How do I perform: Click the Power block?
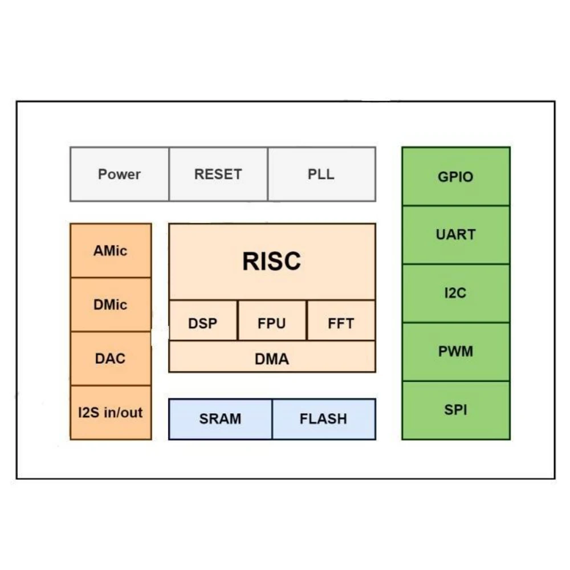(x=120, y=174)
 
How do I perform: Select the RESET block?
(x=218, y=174)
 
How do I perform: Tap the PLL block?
(x=321, y=174)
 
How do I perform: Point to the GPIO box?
(x=456, y=177)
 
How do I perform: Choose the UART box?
(x=456, y=235)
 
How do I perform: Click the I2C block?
(x=456, y=294)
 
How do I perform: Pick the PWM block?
(x=456, y=352)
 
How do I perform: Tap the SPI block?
(x=456, y=410)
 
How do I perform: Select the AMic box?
(x=111, y=250)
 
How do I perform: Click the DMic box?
(x=111, y=304)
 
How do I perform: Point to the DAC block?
(x=111, y=359)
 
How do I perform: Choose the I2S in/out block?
(x=111, y=413)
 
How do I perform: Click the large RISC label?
(x=271, y=261)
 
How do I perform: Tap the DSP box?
(x=203, y=320)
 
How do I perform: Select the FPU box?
(x=272, y=320)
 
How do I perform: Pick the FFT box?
(x=341, y=320)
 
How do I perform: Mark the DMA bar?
(x=272, y=357)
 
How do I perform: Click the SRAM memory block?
(x=220, y=419)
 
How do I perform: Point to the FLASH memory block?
(x=324, y=419)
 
